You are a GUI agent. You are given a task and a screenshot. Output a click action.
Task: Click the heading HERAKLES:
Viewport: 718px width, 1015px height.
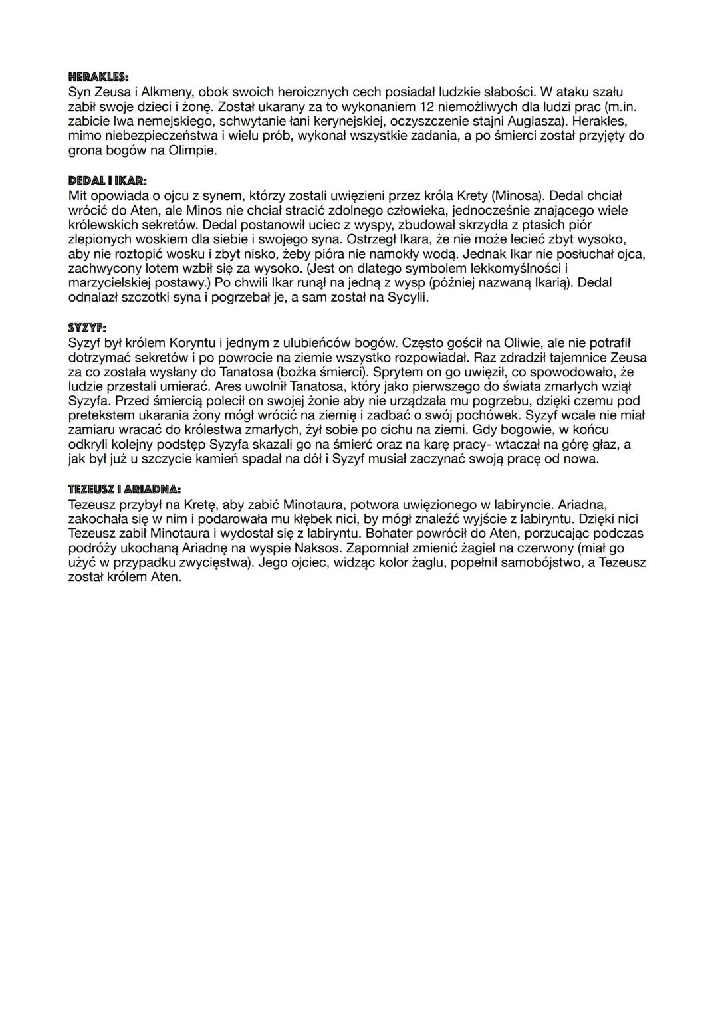coord(98,77)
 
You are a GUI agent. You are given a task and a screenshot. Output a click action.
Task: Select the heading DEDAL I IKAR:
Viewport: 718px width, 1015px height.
coord(107,181)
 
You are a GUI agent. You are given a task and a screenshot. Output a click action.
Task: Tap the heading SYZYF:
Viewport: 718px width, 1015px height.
coord(87,328)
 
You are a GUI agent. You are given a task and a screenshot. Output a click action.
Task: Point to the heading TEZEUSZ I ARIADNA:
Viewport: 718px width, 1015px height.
coord(124,489)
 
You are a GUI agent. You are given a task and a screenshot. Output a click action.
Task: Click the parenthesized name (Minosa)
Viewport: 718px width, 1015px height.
coord(516,196)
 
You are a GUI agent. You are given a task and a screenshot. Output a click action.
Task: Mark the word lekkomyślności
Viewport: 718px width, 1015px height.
coord(516,269)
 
